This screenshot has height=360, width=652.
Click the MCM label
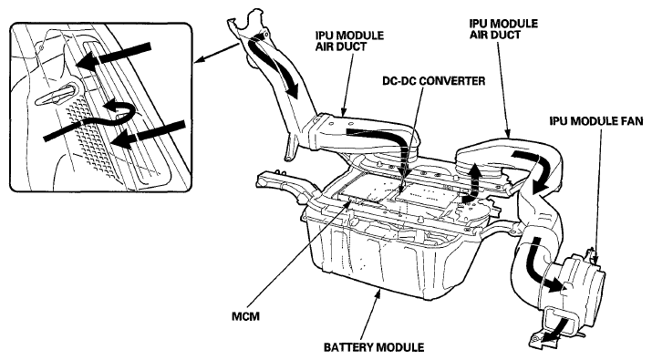(x=245, y=316)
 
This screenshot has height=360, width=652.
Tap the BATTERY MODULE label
(x=374, y=346)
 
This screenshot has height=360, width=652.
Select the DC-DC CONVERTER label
(x=434, y=80)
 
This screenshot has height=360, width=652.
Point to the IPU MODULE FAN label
(x=595, y=121)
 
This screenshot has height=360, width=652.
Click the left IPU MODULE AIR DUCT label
(x=349, y=41)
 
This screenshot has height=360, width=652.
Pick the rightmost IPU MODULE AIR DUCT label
(x=503, y=28)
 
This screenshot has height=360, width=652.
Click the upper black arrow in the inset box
(x=113, y=57)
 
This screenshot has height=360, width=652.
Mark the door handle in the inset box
(x=57, y=94)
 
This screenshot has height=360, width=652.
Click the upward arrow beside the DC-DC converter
(x=472, y=182)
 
